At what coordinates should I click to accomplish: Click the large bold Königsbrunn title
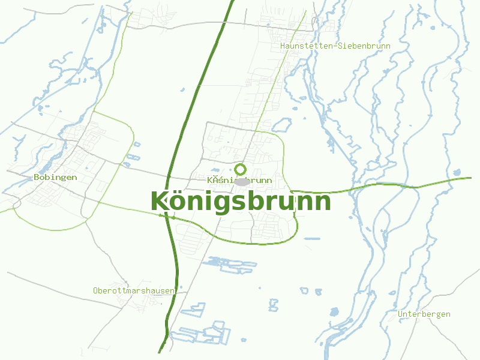pyautogui.click(x=240, y=202)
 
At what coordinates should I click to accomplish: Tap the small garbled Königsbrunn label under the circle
pyautogui.click(x=240, y=180)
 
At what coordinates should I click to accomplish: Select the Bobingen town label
pyautogui.click(x=55, y=178)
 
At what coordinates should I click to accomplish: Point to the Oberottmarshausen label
pyautogui.click(x=134, y=290)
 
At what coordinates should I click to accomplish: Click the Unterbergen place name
pyautogui.click(x=424, y=314)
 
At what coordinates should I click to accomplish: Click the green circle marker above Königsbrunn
pyautogui.click(x=241, y=169)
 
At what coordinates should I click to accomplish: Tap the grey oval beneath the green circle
pyautogui.click(x=242, y=182)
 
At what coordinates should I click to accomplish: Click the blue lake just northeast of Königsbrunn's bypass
pyautogui.click(x=281, y=125)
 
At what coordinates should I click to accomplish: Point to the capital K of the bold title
pyautogui.click(x=159, y=202)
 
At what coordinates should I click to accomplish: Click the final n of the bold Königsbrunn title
pyautogui.click(x=322, y=203)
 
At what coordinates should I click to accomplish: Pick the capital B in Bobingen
pyautogui.click(x=37, y=178)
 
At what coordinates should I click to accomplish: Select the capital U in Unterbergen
pyautogui.click(x=400, y=314)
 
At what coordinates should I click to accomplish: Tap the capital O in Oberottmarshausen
pyautogui.click(x=95, y=290)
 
